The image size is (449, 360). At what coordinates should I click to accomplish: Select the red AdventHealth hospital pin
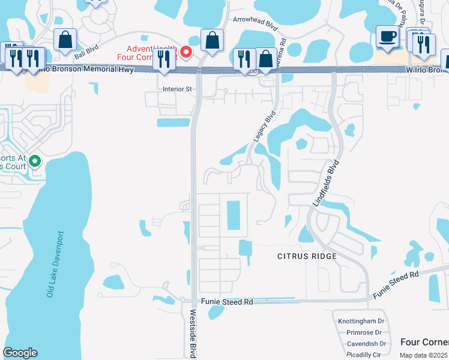click(186, 52)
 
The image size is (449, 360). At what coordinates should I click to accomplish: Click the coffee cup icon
click(387, 37)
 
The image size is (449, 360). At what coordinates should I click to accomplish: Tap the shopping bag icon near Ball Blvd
click(65, 41)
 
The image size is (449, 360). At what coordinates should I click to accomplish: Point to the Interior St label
click(176, 89)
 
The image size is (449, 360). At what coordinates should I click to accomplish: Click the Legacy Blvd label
click(264, 126)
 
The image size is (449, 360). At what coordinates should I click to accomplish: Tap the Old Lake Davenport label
click(55, 263)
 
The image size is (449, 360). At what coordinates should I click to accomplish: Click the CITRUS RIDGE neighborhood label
click(306, 256)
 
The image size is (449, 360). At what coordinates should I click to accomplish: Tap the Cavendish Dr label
click(366, 344)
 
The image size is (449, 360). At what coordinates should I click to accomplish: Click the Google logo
click(20, 353)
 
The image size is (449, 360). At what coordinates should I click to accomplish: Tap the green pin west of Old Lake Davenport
click(35, 161)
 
